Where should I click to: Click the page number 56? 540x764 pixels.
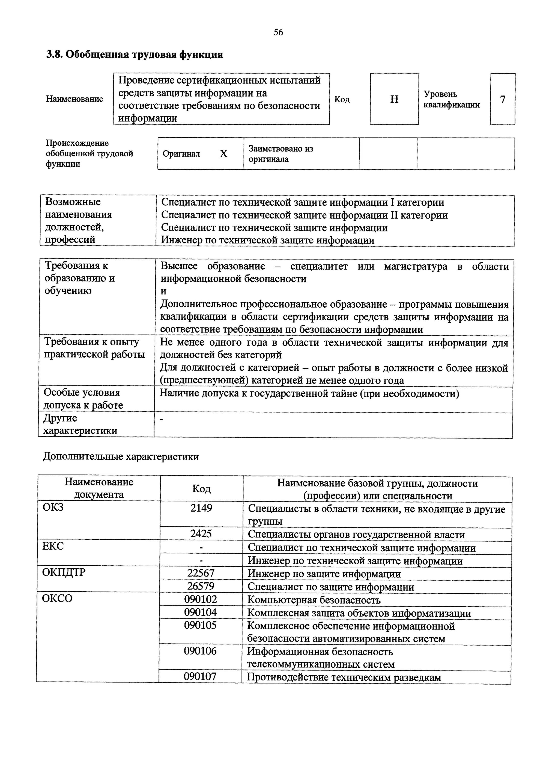click(x=278, y=32)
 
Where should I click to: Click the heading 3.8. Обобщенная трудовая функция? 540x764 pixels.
click(x=134, y=54)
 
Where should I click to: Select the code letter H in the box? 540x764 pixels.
click(x=394, y=99)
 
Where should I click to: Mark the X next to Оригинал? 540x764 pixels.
click(x=224, y=154)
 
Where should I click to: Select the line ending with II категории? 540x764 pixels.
click(x=304, y=215)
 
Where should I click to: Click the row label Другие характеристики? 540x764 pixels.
click(x=80, y=424)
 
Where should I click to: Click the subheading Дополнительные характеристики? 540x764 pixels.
click(x=121, y=457)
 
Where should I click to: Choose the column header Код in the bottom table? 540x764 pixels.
click(x=201, y=488)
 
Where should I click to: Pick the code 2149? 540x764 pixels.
click(x=201, y=508)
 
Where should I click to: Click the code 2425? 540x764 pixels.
click(x=201, y=534)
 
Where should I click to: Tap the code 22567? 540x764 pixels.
click(x=201, y=573)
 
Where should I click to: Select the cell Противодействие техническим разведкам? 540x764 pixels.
click(x=344, y=677)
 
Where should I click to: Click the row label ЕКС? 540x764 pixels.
click(x=53, y=546)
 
